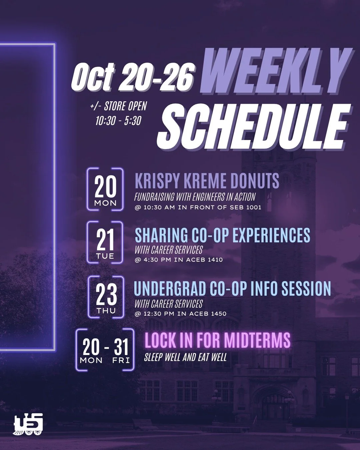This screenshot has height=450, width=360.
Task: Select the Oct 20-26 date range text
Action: point(132,76)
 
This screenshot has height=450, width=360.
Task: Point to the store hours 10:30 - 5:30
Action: point(118,120)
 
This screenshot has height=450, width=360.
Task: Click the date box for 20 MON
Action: point(105,189)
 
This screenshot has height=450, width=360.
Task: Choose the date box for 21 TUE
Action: point(105,242)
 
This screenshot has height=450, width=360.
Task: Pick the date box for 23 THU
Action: point(106,297)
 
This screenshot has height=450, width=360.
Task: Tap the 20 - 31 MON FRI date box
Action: point(105,350)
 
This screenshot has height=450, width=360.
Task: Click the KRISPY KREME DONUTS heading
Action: point(207,181)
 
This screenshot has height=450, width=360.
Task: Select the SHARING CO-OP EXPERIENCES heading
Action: point(222,235)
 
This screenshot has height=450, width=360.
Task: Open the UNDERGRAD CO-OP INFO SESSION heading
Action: point(232,289)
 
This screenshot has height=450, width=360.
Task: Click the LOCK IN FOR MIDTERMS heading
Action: point(217,340)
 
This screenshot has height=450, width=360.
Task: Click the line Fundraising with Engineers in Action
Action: point(195,197)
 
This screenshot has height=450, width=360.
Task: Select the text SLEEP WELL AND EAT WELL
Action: point(185,357)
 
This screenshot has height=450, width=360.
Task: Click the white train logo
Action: point(28,424)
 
